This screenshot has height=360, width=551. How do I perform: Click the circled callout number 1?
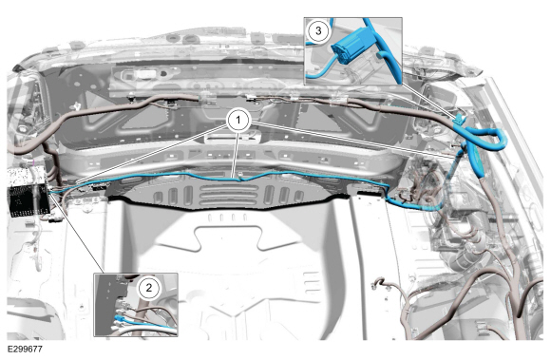click(x=238, y=121)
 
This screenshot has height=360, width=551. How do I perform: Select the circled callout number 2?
click(x=149, y=288)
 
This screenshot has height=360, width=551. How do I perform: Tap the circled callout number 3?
click(x=318, y=30)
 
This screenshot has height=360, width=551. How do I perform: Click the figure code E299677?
click(x=25, y=350)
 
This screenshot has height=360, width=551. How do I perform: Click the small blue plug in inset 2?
click(x=119, y=318)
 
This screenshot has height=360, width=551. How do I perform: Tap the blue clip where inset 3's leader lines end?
click(x=460, y=120)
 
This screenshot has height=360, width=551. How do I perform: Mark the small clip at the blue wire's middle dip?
click(x=240, y=177)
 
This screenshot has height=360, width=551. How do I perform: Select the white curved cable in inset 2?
click(x=144, y=330)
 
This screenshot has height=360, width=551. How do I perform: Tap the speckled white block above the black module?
click(x=26, y=177)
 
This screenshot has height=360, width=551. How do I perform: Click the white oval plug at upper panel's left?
click(x=144, y=74)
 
